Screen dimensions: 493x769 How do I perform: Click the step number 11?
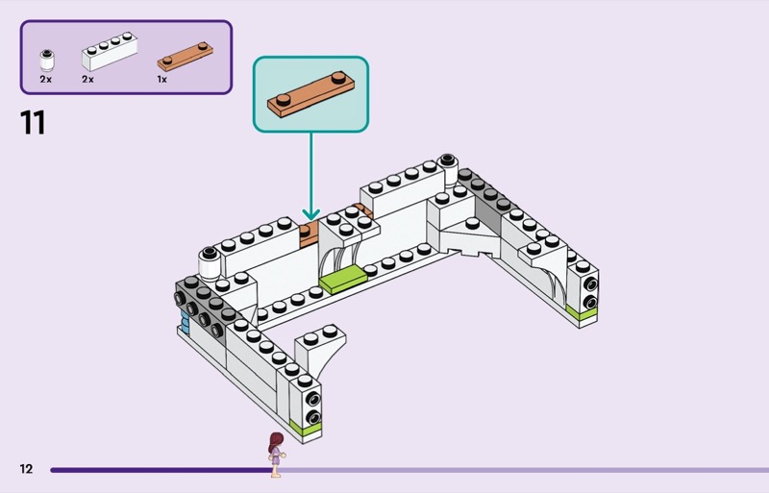tap(32, 123)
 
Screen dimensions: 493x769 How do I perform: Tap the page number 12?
tap(26, 469)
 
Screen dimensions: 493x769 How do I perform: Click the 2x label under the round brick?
tap(45, 80)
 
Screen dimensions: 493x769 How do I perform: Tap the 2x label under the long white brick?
tap(87, 80)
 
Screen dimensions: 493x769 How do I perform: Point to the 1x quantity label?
tap(162, 80)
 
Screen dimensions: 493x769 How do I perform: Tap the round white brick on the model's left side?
tap(208, 259)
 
